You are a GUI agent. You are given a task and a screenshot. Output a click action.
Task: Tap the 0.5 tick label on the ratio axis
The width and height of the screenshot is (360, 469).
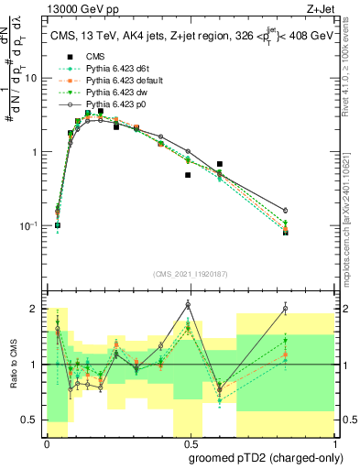click(29, 420)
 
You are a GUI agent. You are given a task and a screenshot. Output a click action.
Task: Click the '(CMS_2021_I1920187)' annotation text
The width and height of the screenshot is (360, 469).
click(190, 273)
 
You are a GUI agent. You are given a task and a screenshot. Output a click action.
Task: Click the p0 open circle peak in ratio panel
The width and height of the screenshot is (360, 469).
click(188, 304)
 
